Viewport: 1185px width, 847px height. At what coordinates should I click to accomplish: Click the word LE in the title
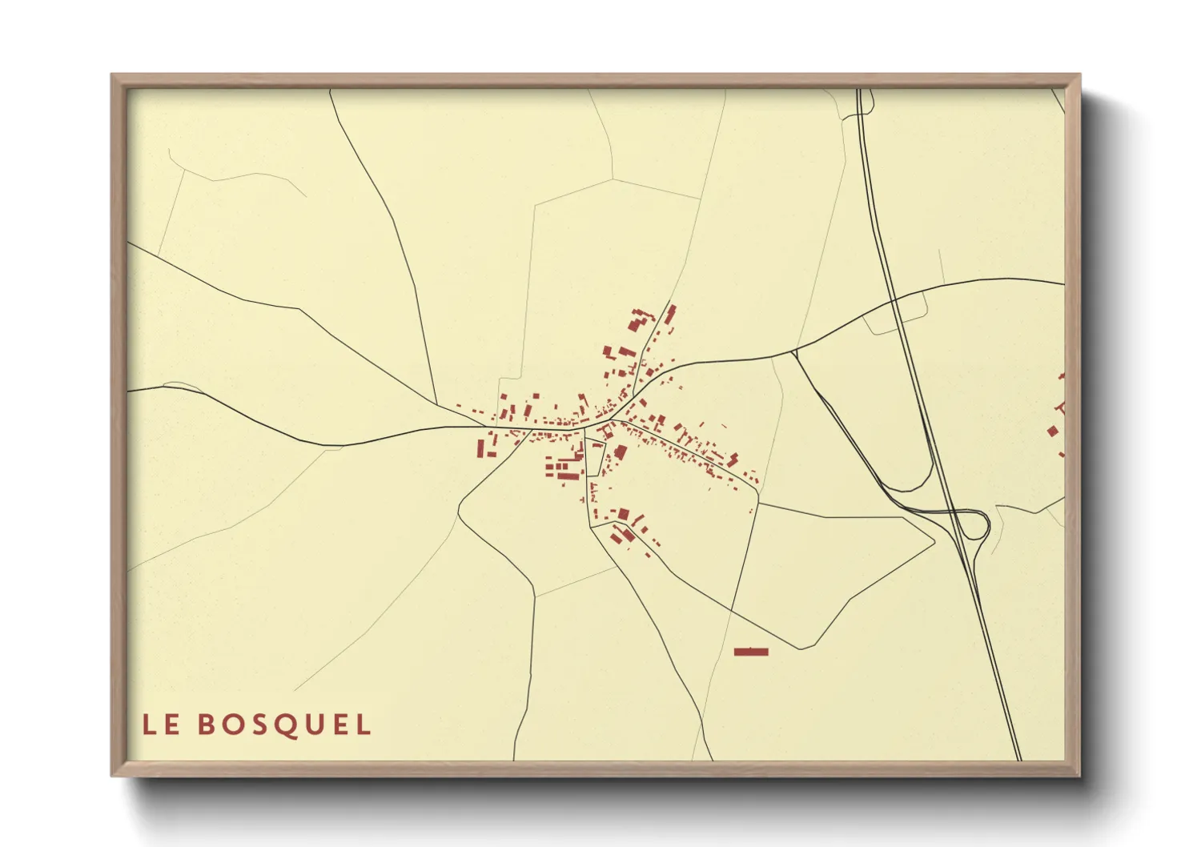tap(161, 725)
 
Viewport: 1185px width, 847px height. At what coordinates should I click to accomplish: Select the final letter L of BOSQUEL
tap(364, 725)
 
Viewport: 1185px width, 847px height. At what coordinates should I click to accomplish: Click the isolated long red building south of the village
tap(751, 652)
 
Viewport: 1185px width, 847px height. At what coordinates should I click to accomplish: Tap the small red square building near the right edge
tap(1052, 432)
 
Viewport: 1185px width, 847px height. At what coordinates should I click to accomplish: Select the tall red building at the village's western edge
tap(481, 447)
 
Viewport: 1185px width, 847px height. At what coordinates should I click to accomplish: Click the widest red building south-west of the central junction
tap(568, 476)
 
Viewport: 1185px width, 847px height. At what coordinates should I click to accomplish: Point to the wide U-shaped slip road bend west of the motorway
tap(921, 484)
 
